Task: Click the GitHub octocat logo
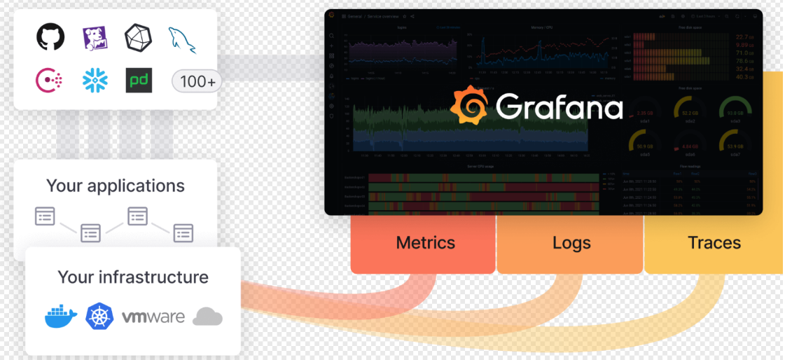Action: [50, 37]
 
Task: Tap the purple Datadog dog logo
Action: [95, 38]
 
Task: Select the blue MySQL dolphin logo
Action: [182, 39]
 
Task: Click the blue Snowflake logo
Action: [95, 81]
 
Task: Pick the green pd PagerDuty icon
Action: [139, 81]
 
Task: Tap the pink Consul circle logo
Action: [50, 81]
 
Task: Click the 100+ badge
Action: [197, 81]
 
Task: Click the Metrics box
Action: [425, 243]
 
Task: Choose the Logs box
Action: [571, 243]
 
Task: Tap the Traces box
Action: [714, 243]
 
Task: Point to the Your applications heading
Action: [116, 186]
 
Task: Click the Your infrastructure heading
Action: [133, 277]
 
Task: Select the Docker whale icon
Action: [61, 317]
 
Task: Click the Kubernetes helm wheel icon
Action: [99, 317]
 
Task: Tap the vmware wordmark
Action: [153, 317]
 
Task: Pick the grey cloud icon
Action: [207, 317]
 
